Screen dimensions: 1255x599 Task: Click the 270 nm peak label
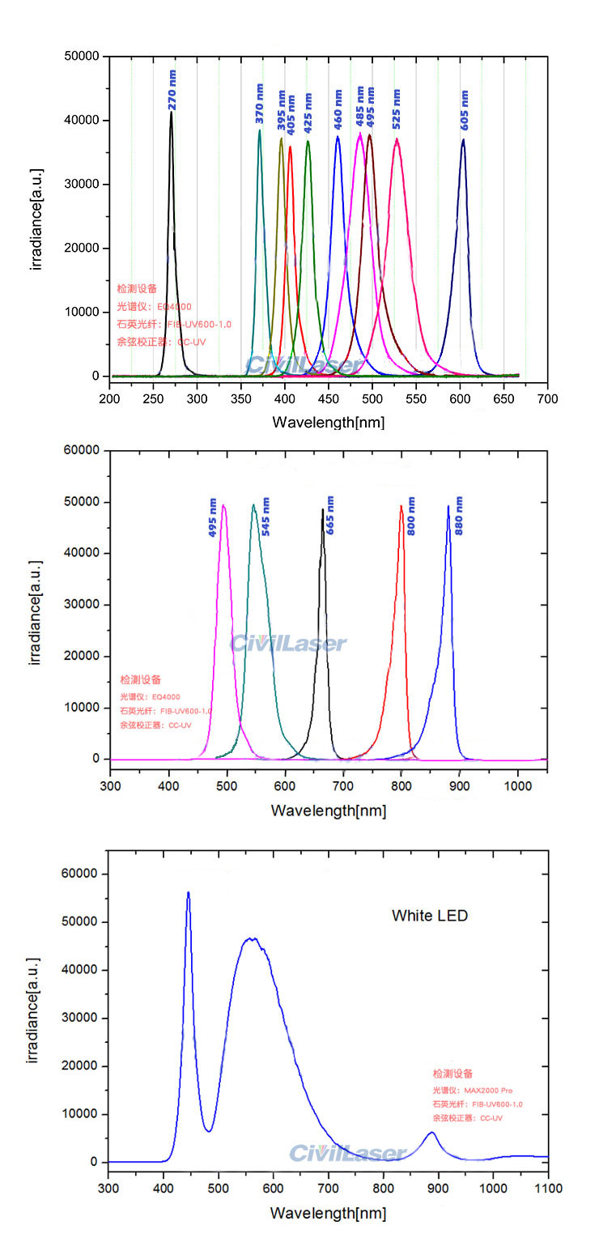[x=172, y=90]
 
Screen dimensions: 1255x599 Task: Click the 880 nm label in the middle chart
[x=460, y=516]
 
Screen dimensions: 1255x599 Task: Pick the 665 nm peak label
[x=330, y=516]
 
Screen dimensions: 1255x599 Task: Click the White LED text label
[x=430, y=916]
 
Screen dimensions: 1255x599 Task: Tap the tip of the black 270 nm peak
[x=171, y=113]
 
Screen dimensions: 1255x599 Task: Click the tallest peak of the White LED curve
[x=189, y=892]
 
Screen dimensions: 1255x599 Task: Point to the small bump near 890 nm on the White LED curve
[x=432, y=1132]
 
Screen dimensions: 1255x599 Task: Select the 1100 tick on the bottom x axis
[x=548, y=1188]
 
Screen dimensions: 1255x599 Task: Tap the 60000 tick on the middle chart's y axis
[x=83, y=450]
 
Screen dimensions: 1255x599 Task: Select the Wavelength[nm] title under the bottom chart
[x=328, y=1213]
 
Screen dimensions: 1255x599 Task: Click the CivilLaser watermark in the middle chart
[x=288, y=644]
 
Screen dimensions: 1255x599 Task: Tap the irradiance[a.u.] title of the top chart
[x=36, y=219]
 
